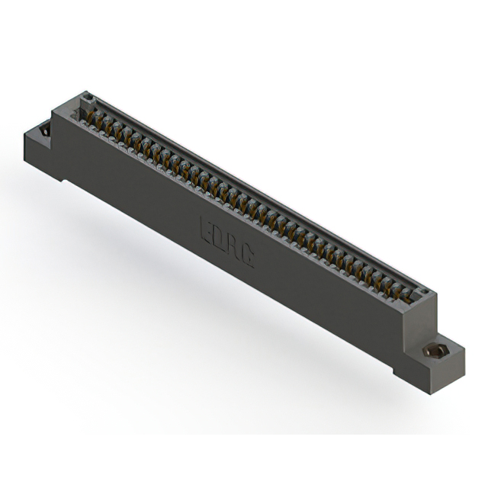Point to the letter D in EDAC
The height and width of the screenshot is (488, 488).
pos(220,236)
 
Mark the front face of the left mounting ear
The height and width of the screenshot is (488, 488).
pos(42,156)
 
